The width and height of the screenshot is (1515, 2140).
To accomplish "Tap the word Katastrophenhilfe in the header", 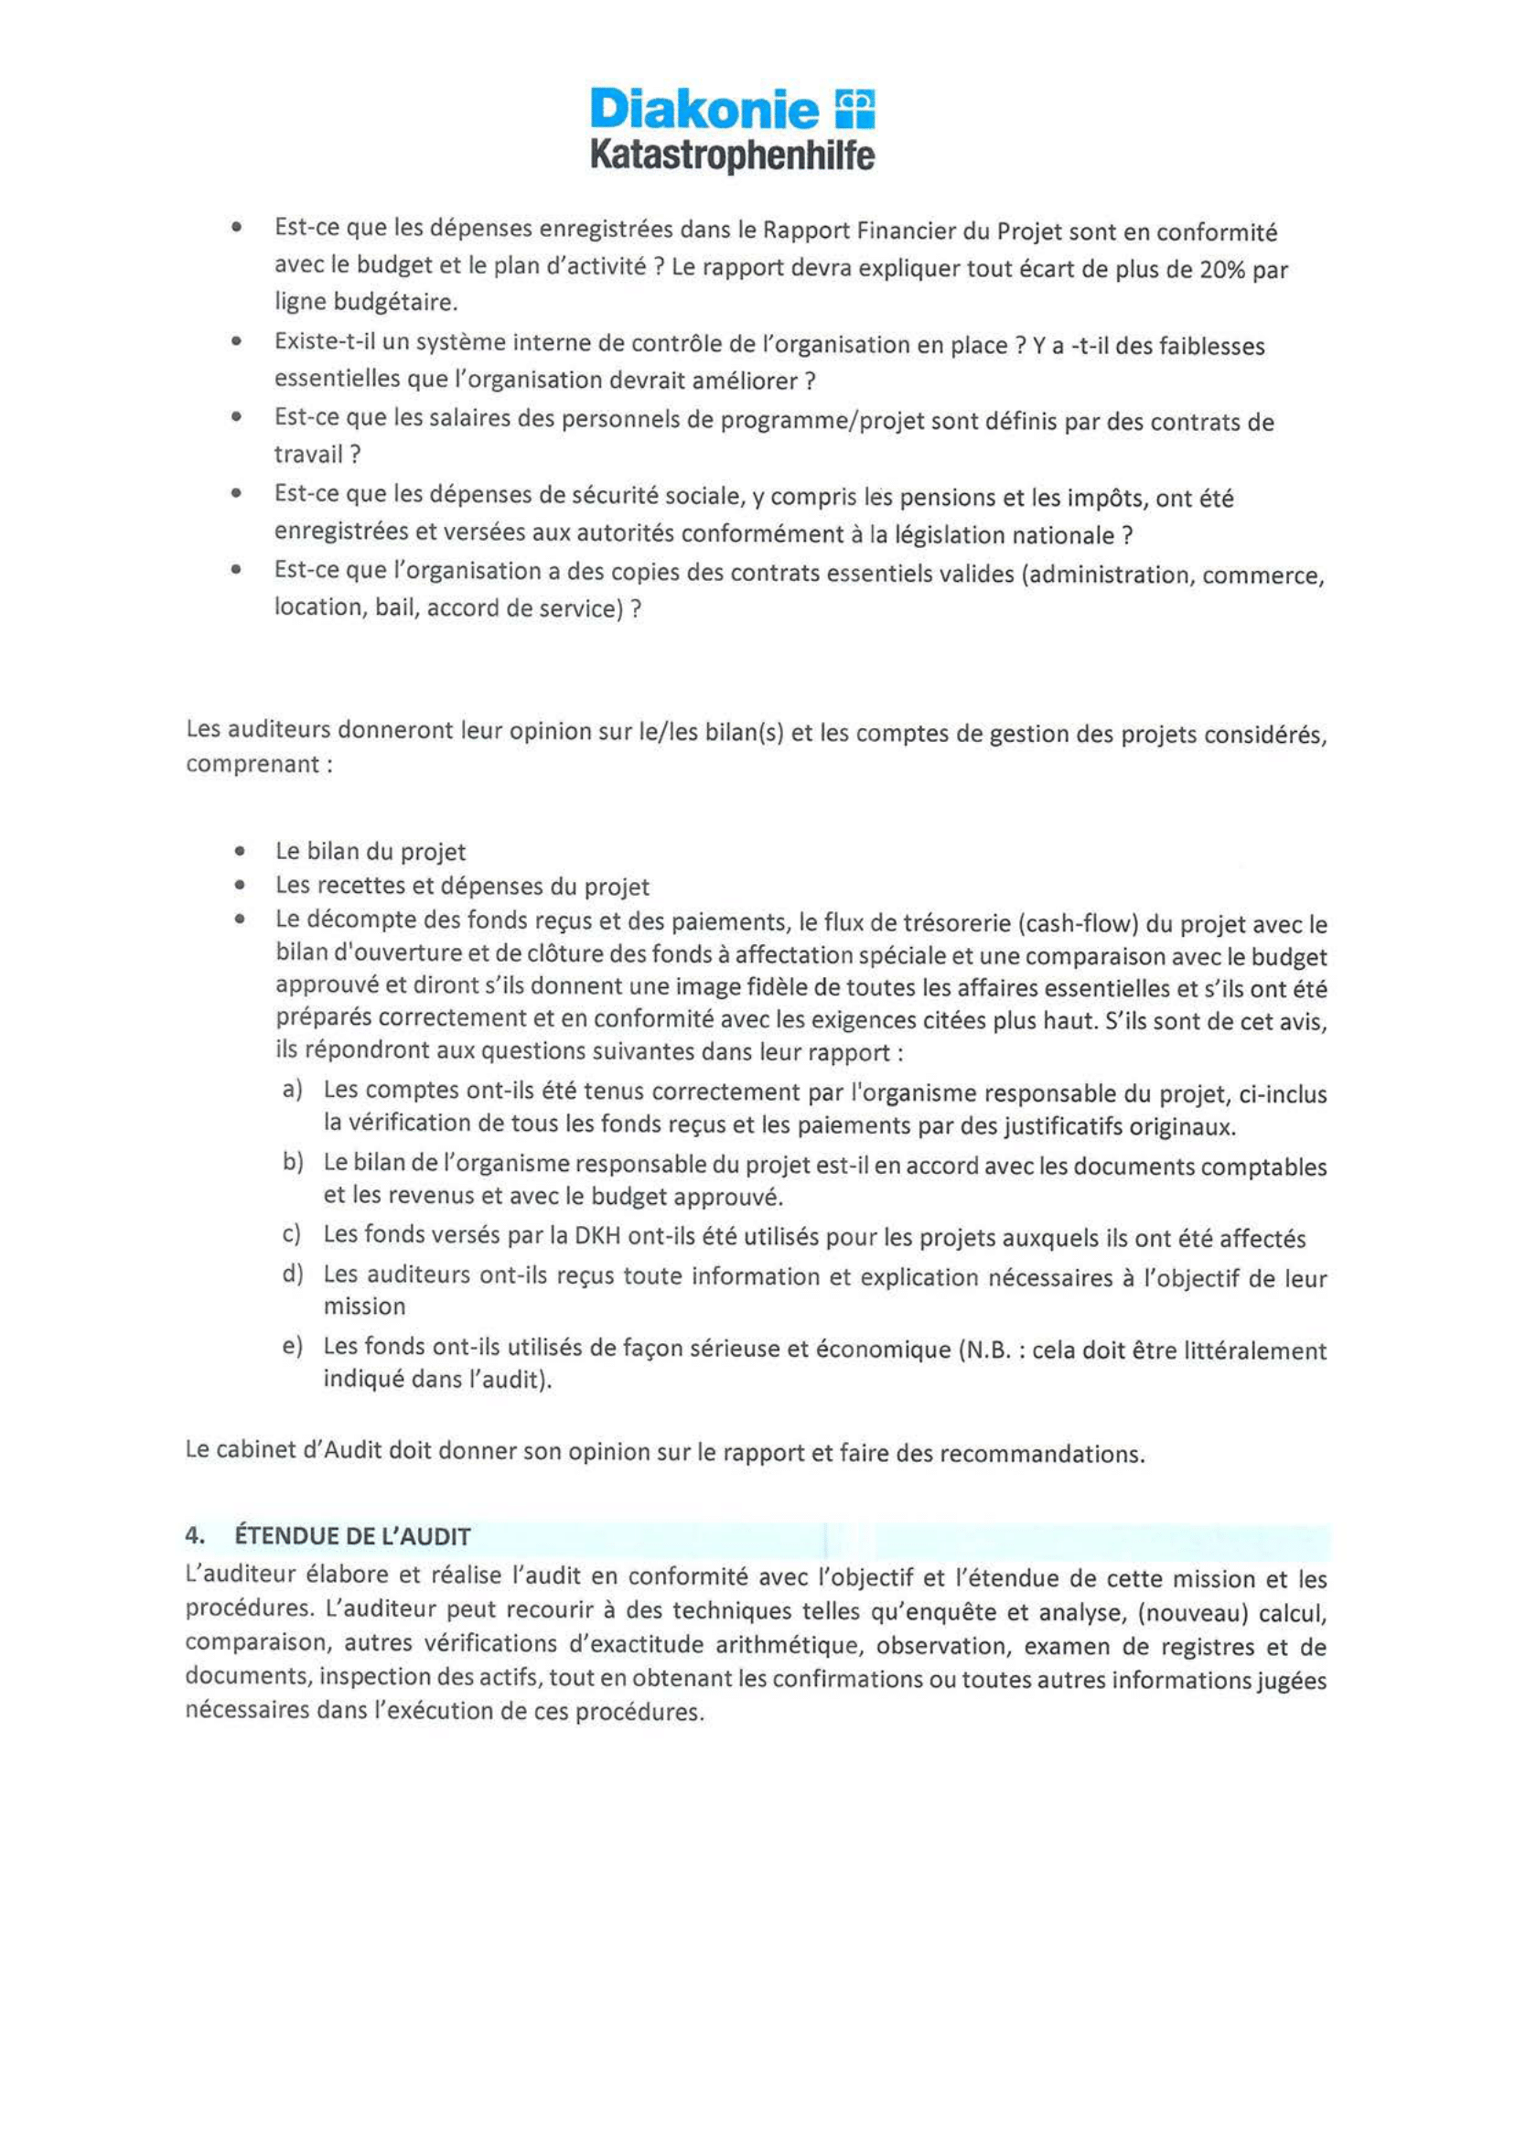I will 732,155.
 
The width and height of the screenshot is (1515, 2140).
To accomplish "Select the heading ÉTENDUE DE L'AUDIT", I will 352,1535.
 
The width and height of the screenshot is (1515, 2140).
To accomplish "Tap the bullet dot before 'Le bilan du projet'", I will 242,851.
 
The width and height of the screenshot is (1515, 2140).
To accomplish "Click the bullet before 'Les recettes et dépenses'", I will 242,886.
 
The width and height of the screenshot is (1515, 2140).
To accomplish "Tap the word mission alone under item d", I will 364,1306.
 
